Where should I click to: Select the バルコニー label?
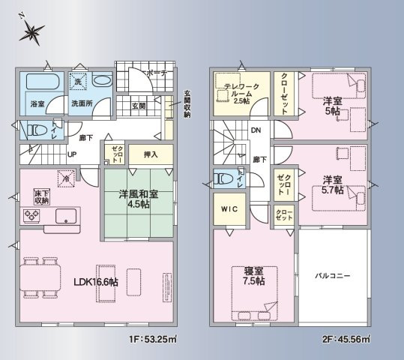coord(332,277)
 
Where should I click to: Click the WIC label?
coord(229,210)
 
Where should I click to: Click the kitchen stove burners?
coord(34,217)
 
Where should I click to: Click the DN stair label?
coord(256,130)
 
